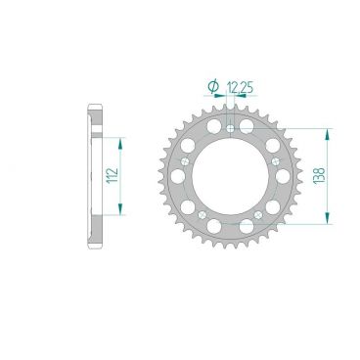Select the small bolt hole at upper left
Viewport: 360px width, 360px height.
[x=185, y=159]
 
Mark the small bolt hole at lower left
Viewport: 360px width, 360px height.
[x=202, y=213]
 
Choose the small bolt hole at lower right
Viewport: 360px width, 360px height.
[x=259, y=213]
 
